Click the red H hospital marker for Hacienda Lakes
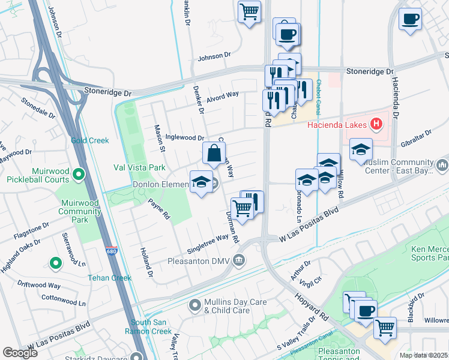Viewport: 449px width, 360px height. click(376, 125)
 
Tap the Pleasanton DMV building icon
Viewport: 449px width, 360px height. click(239, 260)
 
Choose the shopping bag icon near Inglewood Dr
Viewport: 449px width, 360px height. click(214, 154)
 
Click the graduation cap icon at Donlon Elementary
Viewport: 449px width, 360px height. click(202, 183)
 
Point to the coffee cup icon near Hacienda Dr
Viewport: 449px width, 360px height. click(411, 19)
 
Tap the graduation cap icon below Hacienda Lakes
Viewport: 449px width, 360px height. click(361, 150)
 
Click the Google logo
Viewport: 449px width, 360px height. click(20, 352)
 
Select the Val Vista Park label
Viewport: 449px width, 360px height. click(139, 167)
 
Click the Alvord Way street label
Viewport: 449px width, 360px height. click(223, 95)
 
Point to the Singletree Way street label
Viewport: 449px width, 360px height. click(208, 238)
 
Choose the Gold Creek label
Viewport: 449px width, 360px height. click(90, 140)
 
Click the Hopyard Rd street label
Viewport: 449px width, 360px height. click(311, 306)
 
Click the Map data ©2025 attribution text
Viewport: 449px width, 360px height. click(423, 355)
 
